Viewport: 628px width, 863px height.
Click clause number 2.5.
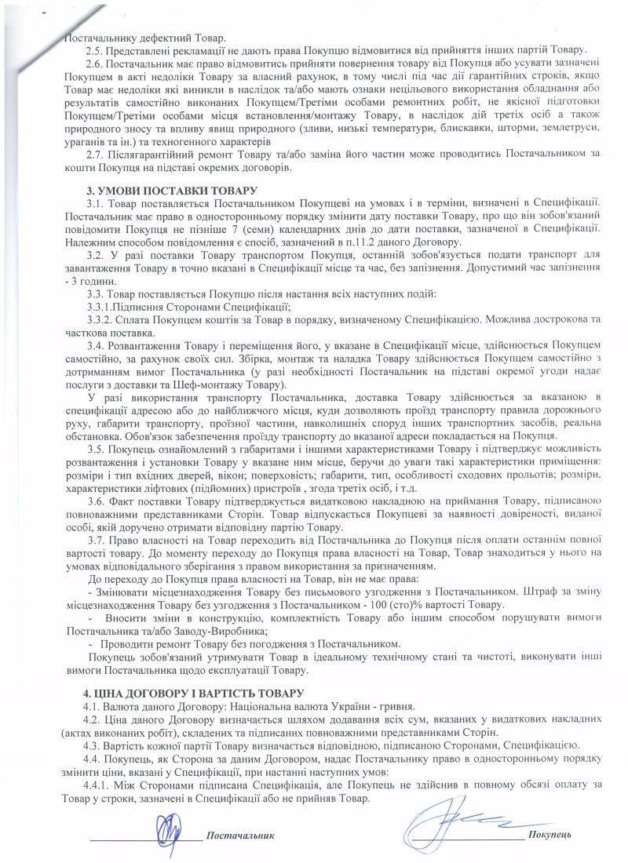[x=94, y=50]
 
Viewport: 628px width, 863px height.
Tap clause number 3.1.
[x=94, y=204]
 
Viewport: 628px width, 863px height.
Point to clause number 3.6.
[x=94, y=501]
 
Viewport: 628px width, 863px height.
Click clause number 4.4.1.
[x=100, y=785]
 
